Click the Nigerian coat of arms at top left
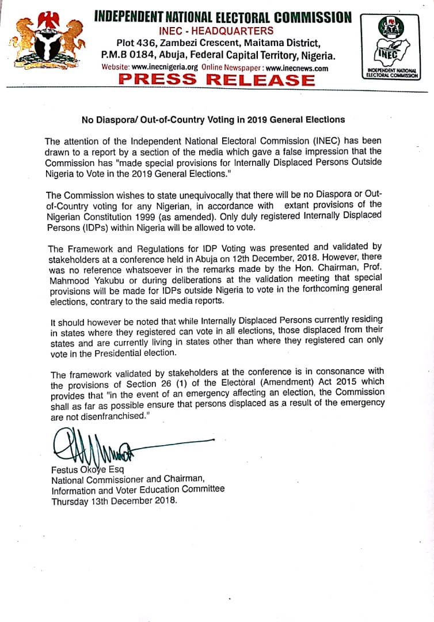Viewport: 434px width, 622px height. point(47,41)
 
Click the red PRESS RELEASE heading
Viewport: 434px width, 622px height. point(217,80)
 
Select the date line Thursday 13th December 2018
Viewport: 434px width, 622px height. point(115,500)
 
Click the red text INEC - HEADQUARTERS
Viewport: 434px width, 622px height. point(217,31)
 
